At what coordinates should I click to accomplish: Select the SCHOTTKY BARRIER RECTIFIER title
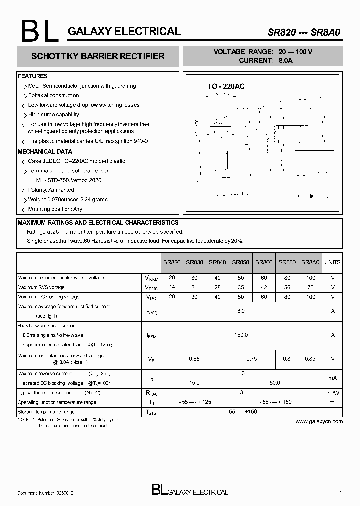tap(98, 56)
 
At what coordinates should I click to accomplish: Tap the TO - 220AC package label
tap(226, 86)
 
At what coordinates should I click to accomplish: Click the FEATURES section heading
tap(33, 76)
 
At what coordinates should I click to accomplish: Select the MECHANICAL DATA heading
tap(45, 151)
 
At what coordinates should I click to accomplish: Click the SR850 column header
tap(240, 262)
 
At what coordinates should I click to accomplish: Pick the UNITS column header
tap(332, 262)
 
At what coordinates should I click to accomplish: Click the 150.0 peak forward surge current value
tap(241, 335)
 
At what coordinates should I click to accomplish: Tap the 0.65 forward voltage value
tap(194, 359)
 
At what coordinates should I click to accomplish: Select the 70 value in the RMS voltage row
tap(311, 287)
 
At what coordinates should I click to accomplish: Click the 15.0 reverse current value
tap(194, 383)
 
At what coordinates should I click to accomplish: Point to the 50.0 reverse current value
tap(275, 383)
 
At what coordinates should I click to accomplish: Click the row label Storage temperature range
tap(46, 412)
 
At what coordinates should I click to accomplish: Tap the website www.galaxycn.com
tap(319, 421)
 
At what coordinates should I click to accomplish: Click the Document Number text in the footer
tap(46, 493)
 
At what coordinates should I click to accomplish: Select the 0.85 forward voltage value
tap(311, 359)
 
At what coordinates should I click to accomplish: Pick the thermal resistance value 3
tap(241, 393)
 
